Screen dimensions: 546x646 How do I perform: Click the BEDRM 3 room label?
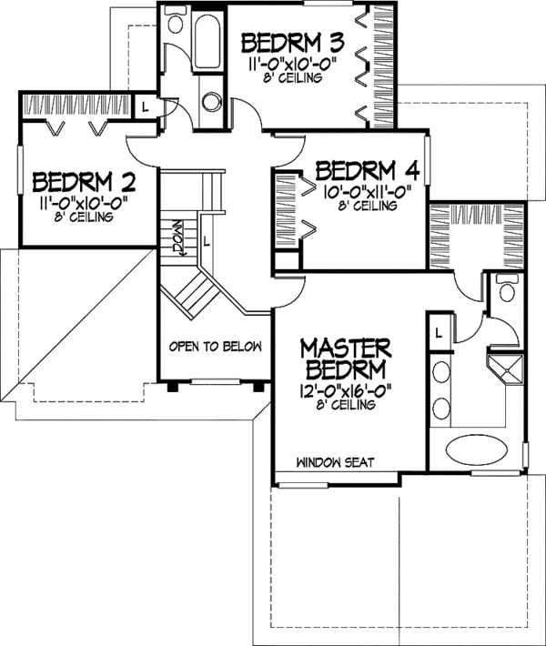(x=293, y=43)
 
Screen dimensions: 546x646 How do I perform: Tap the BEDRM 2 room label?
(x=84, y=182)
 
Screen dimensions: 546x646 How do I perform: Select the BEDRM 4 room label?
(x=368, y=171)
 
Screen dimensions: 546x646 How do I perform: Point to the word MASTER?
(x=345, y=348)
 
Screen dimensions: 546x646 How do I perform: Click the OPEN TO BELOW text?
(x=216, y=347)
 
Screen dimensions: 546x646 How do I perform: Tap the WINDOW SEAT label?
(x=336, y=462)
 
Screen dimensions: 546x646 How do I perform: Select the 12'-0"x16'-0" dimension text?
(x=345, y=389)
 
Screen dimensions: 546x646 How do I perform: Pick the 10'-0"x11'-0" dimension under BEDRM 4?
(x=368, y=191)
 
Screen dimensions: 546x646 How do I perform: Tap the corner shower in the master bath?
(x=505, y=371)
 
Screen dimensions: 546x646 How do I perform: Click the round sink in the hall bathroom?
(x=213, y=101)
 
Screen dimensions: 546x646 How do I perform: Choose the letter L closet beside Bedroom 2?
(x=145, y=107)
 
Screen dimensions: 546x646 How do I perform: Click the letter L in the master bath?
(x=439, y=333)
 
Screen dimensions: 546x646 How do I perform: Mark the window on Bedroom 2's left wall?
(x=19, y=169)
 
